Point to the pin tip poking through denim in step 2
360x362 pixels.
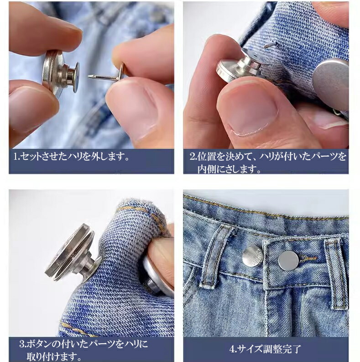click(269, 44)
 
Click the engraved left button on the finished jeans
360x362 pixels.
click(251, 256)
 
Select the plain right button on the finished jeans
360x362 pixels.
click(288, 261)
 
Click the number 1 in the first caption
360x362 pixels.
click(16, 157)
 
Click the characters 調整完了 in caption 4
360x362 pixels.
click(282, 349)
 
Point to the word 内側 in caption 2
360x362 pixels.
click(207, 169)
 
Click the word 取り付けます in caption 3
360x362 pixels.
click(52, 357)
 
